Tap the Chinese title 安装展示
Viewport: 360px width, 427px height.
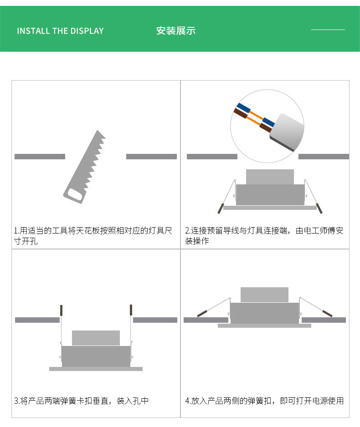pyautogui.click(x=176, y=31)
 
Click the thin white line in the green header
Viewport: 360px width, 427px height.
pyautogui.click(x=328, y=30)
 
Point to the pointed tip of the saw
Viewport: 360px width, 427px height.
pyautogui.click(x=97, y=130)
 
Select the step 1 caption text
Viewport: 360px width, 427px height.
pyautogui.click(x=93, y=235)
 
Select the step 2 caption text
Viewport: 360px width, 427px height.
pyautogui.click(x=264, y=235)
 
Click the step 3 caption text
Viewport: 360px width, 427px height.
pyautogui.click(x=81, y=401)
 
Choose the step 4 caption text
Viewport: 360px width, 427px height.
pyautogui.click(x=264, y=401)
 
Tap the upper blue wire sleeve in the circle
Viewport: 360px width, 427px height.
pyautogui.click(x=244, y=108)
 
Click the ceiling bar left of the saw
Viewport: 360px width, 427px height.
pyautogui.click(x=40, y=157)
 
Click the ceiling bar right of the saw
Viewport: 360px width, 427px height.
pyautogui.click(x=152, y=157)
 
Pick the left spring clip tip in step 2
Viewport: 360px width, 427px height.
pyautogui.click(x=221, y=208)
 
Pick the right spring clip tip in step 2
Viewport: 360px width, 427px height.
pyautogui.click(x=319, y=208)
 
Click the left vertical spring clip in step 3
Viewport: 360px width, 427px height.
pyautogui.click(x=62, y=310)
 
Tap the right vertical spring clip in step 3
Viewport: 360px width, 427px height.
pyautogui.click(x=131, y=310)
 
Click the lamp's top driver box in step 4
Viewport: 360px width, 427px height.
pyautogui.click(x=264, y=295)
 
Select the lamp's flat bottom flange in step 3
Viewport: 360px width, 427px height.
pyautogui.click(x=96, y=369)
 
